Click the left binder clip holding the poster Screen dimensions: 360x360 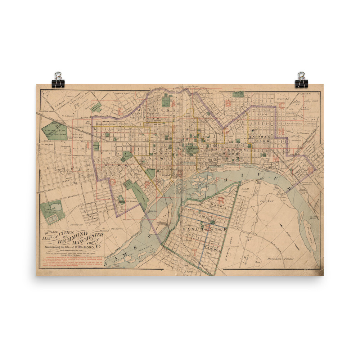pyautogui.click(x=58, y=80)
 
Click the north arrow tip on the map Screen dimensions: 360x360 pyautogui.click(x=281, y=226)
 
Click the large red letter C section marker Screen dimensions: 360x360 pyautogui.click(x=281, y=105)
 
